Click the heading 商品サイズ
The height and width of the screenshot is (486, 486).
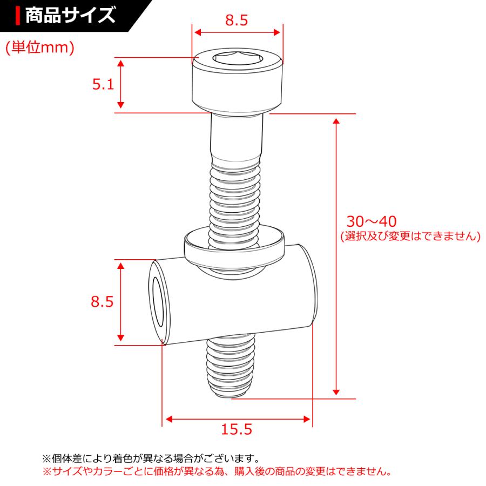(x=70, y=15)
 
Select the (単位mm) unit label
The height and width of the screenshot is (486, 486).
(x=39, y=48)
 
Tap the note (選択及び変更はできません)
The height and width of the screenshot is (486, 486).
(x=410, y=237)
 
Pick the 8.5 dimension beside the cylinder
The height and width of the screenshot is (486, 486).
(x=102, y=302)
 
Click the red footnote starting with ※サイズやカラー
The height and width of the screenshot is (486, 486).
(x=216, y=471)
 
